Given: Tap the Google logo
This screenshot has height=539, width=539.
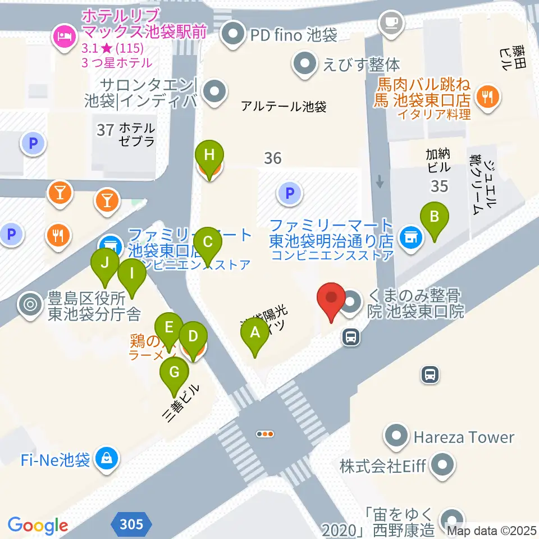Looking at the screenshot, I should coord(38,525).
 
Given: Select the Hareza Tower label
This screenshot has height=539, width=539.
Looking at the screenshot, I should coord(464,437).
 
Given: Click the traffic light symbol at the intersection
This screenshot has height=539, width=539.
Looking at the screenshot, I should coord(264,433).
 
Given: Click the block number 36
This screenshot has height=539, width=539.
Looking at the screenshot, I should coord(272,158).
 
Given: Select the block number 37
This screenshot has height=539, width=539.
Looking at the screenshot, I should coord(105,130).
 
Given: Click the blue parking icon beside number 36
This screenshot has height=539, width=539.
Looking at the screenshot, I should coord(289,194).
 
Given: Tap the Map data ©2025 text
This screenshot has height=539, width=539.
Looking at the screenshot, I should coord(492,531).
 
